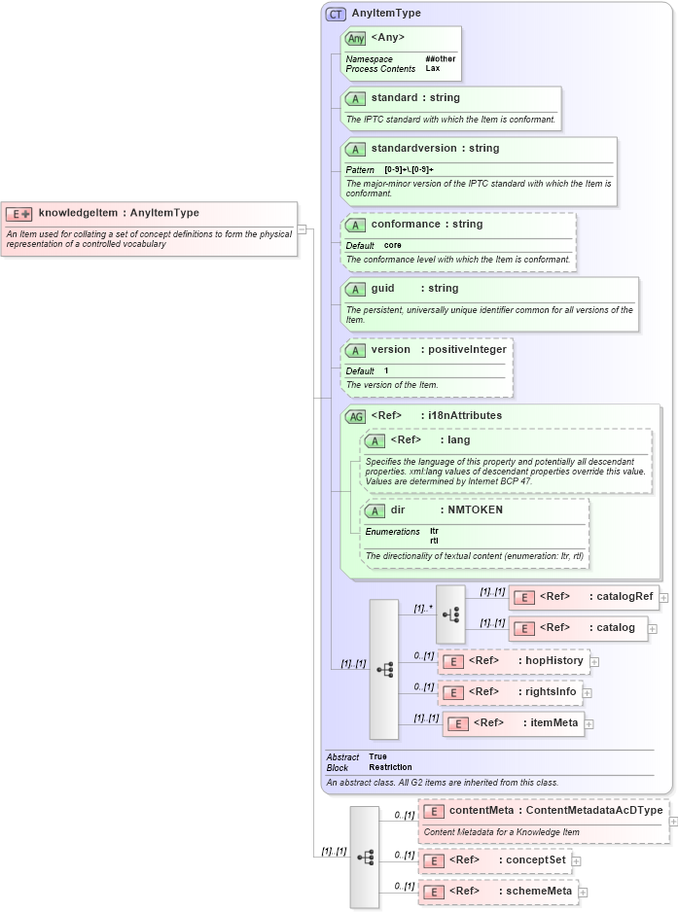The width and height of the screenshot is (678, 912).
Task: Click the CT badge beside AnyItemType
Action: point(336,14)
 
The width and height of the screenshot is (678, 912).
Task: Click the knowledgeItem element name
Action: point(78,213)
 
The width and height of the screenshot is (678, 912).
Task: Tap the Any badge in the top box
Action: point(356,38)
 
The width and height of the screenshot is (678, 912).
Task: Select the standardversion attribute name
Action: point(435,149)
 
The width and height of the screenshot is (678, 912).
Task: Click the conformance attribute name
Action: point(406,224)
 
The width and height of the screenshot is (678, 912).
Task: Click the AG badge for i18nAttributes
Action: point(355,416)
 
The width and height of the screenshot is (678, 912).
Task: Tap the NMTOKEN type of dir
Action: point(476,509)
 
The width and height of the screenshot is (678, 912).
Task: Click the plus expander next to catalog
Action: point(653,629)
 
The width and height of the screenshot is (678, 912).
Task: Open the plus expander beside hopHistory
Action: point(594,662)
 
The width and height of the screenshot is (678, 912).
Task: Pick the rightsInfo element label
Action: point(552,691)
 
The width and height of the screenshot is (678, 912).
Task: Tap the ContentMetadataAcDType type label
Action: point(593,810)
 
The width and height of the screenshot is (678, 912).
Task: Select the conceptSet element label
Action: point(536,859)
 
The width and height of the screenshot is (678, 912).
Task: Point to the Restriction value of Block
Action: point(390,767)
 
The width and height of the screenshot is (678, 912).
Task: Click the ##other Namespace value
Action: point(440,59)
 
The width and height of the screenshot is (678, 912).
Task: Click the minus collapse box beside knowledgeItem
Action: point(303,229)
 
